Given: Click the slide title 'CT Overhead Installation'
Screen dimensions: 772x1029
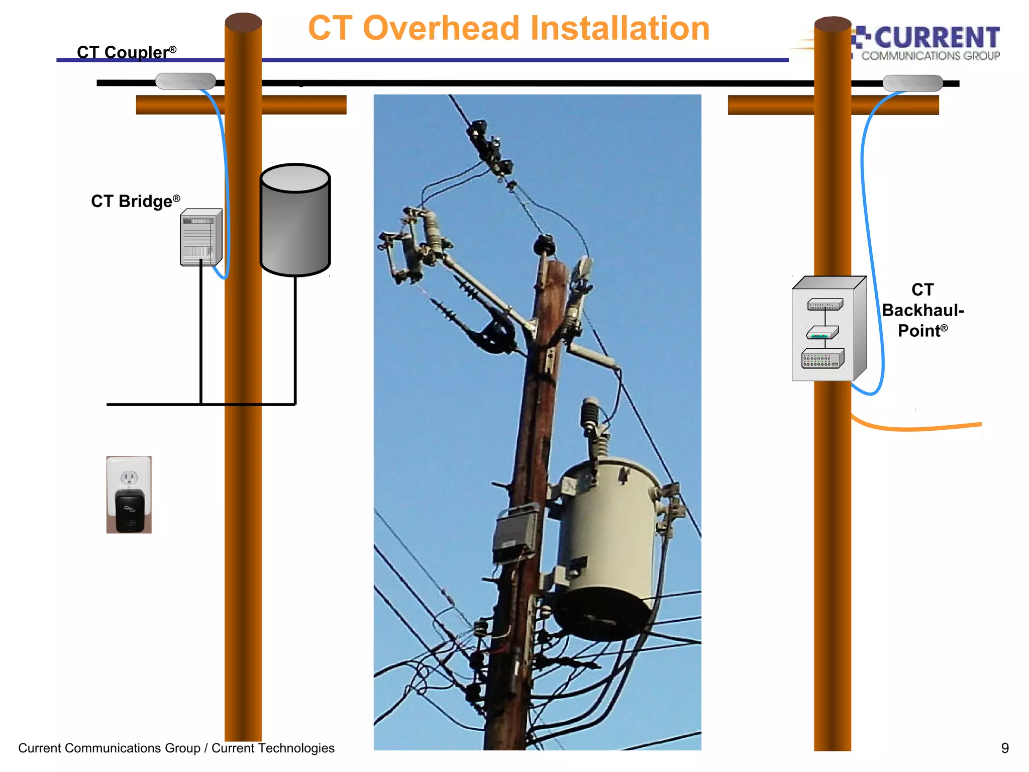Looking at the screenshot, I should [x=508, y=28].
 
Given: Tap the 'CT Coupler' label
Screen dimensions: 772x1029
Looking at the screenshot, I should [x=126, y=52].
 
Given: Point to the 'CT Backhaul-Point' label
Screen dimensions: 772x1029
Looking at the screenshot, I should [x=922, y=310].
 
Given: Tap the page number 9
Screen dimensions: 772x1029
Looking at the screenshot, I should [x=1004, y=748].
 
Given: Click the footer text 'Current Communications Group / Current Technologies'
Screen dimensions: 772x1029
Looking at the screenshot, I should [x=176, y=748].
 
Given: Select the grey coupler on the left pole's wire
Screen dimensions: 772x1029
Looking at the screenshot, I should [x=185, y=81].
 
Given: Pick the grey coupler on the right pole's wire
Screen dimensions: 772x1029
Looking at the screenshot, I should [x=912, y=83].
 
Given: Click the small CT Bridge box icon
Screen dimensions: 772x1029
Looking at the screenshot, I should [x=200, y=237].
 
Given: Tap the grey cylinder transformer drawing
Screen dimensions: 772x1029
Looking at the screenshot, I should [x=295, y=221].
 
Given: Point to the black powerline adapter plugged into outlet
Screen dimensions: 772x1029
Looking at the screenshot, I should [x=130, y=511].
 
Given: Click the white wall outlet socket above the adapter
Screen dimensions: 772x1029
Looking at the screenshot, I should [x=129, y=477].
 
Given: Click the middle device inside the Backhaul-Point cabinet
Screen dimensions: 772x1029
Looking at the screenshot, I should [x=822, y=333].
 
